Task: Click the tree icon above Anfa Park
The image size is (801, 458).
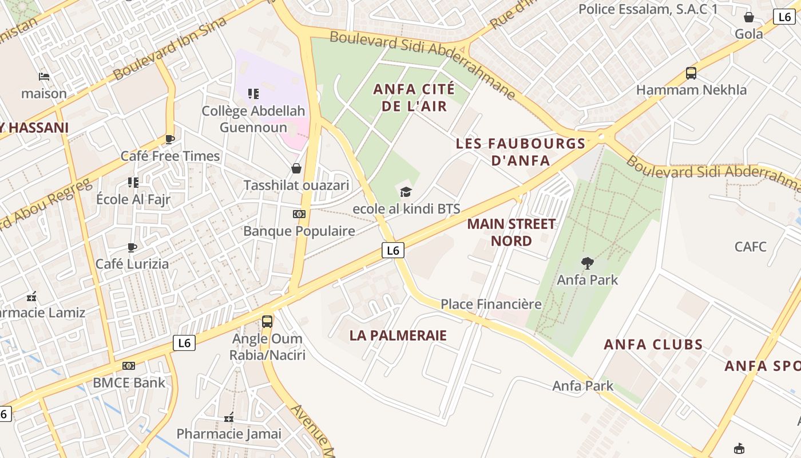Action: point(587,263)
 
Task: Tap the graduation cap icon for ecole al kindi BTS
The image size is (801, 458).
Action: point(406,192)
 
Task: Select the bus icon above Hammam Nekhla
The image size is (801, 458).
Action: point(691,73)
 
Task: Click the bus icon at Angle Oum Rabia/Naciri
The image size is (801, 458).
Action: point(267,321)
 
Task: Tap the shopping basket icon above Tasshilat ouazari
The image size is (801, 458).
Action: point(296,168)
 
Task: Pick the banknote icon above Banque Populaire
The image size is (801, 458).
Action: point(299,214)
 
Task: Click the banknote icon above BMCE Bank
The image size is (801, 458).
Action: point(129,366)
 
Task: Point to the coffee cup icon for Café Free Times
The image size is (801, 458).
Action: point(170,139)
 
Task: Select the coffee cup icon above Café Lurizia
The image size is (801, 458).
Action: point(132,247)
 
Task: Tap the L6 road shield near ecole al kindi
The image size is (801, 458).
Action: point(392,250)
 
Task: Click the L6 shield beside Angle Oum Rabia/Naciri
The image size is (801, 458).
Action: point(184,343)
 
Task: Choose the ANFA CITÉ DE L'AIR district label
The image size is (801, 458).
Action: point(414,97)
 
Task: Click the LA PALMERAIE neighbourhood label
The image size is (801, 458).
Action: point(398,335)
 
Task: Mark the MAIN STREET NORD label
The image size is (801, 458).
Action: point(511,232)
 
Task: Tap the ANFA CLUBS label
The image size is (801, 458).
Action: point(653,345)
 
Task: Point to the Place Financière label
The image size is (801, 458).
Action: point(491,304)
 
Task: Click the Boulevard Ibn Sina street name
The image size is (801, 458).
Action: point(170,49)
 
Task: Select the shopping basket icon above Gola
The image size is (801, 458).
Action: point(749,18)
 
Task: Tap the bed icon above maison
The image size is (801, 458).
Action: point(44,76)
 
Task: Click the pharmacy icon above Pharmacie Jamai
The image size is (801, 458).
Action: point(229,417)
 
